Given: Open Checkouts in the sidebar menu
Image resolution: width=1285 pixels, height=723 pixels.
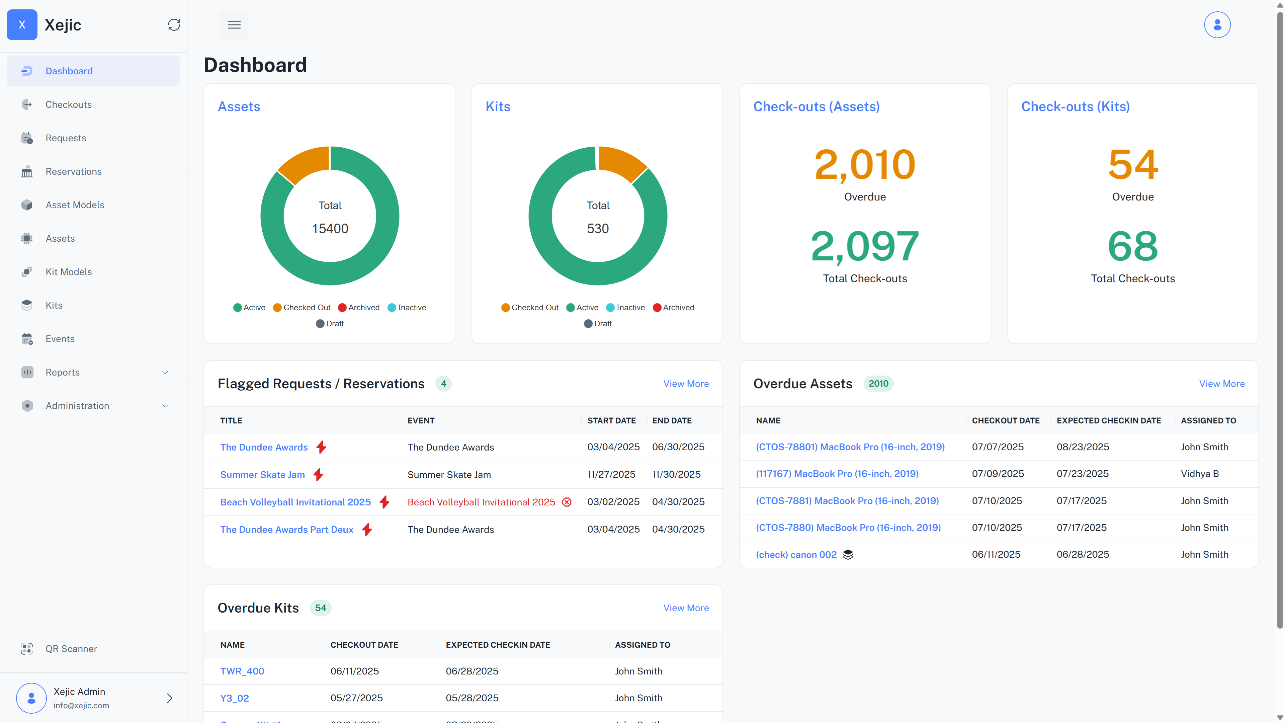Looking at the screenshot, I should pyautogui.click(x=68, y=104).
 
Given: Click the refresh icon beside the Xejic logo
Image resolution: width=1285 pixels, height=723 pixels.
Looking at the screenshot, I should pyautogui.click(x=174, y=25).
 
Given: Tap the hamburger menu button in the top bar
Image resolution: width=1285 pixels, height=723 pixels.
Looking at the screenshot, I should pyautogui.click(x=234, y=25).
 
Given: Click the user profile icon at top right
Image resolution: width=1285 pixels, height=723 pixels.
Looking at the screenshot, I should pyautogui.click(x=1217, y=25).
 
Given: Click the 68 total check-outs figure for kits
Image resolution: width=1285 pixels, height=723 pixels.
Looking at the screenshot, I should pyautogui.click(x=1132, y=246).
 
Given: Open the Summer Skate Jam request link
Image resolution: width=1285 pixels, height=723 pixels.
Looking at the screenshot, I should pyautogui.click(x=262, y=475).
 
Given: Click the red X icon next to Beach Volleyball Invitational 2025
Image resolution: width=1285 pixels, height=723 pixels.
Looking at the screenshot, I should pyautogui.click(x=567, y=502).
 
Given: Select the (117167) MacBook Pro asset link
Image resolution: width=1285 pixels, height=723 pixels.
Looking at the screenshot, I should pyautogui.click(x=837, y=474).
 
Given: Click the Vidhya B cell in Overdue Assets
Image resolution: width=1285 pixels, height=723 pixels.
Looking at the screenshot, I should pyautogui.click(x=1199, y=474).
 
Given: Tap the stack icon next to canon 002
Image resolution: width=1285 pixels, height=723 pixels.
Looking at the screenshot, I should pyautogui.click(x=848, y=554).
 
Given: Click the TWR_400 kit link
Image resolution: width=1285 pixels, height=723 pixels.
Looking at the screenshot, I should pyautogui.click(x=242, y=671).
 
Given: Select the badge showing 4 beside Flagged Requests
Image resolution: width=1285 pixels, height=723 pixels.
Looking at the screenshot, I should pyautogui.click(x=443, y=384).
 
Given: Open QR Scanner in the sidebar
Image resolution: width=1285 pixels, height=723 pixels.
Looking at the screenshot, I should pyautogui.click(x=71, y=649).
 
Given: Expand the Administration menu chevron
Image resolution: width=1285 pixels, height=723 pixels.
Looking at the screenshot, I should pyautogui.click(x=165, y=406).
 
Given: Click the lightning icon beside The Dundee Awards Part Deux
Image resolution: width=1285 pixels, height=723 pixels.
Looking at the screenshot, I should pyautogui.click(x=367, y=530).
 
